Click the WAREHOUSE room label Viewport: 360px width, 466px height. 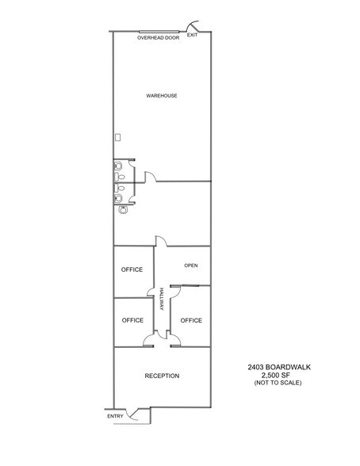click(161, 96)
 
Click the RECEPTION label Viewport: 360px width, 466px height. click(162, 376)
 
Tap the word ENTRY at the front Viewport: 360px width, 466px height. click(115, 416)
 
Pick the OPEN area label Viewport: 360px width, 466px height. click(190, 265)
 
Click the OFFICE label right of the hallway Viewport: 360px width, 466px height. click(191, 320)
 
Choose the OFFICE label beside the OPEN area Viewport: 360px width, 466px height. click(132, 269)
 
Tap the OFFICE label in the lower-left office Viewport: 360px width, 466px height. click(132, 320)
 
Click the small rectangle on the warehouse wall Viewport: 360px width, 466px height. click(117, 136)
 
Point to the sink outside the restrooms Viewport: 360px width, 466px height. click(123, 212)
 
